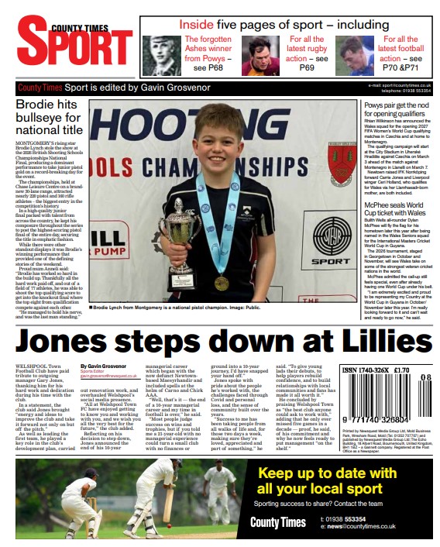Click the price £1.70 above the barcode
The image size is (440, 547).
point(401,370)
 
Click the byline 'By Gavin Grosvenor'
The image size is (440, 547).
point(105,366)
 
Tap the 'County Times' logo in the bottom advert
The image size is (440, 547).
point(277,522)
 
